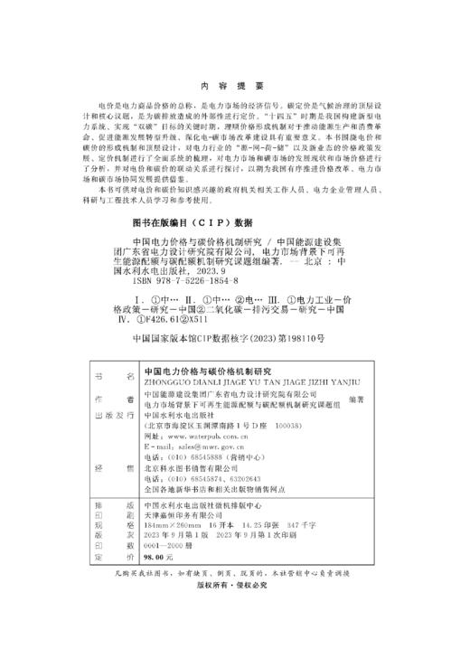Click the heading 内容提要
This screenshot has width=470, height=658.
pos(234,86)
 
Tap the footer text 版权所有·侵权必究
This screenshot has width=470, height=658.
pos(233,612)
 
